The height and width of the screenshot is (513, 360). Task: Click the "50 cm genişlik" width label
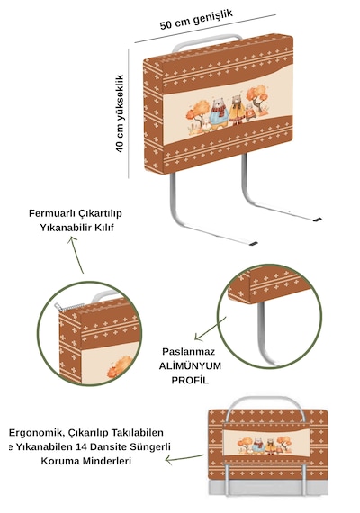[x=196, y=20]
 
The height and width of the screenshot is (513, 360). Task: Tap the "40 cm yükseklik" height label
[x=120, y=113]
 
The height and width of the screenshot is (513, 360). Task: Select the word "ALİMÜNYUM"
[x=190, y=365]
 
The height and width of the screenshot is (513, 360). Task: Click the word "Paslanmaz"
[x=189, y=352]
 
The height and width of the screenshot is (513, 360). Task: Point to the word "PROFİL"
[x=190, y=380]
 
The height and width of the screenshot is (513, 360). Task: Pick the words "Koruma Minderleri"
[x=86, y=461]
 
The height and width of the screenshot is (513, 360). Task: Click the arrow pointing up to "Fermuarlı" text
[x=76, y=255]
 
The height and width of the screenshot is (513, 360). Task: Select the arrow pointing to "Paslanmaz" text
[x=210, y=328]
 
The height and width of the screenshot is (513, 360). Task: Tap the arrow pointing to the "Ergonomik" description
[x=184, y=458]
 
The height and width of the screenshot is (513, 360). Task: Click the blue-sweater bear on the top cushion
[x=218, y=113]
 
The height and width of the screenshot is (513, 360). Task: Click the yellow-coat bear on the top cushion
[x=237, y=110]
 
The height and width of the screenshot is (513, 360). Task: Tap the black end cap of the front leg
[x=253, y=243]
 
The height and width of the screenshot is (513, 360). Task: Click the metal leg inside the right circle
[x=263, y=334]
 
